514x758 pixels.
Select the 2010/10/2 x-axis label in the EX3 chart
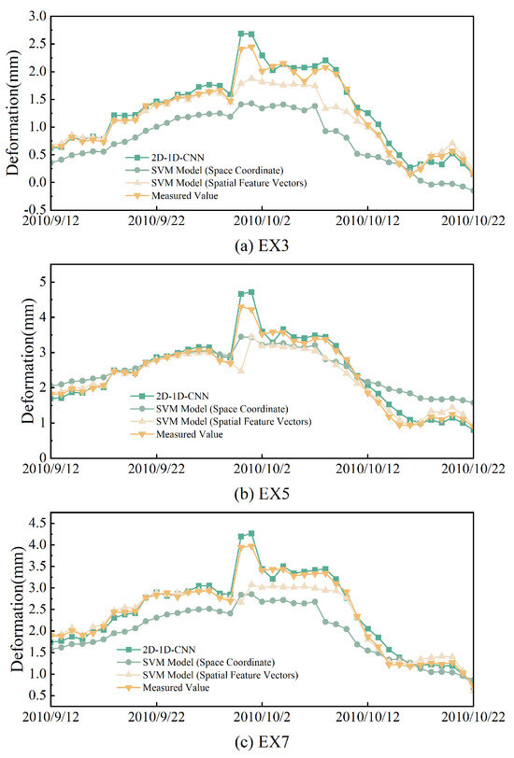261,222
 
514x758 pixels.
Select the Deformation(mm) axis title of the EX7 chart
12,611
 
